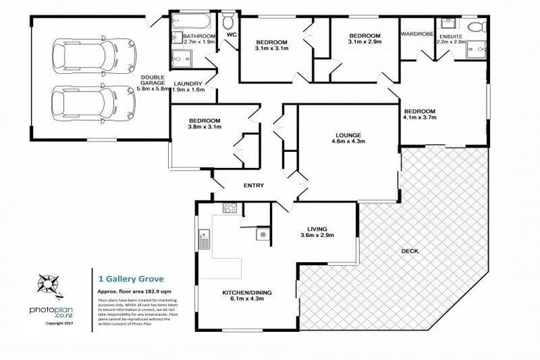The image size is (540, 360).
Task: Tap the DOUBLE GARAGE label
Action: tap(153, 83)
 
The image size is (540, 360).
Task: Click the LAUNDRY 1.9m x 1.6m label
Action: tap(188, 86)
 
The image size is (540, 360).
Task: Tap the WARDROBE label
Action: tap(415, 33)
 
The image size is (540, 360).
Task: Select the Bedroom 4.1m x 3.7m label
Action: tap(420, 115)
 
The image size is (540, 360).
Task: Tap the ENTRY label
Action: tap(253, 186)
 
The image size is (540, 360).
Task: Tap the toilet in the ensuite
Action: tap(478, 29)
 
